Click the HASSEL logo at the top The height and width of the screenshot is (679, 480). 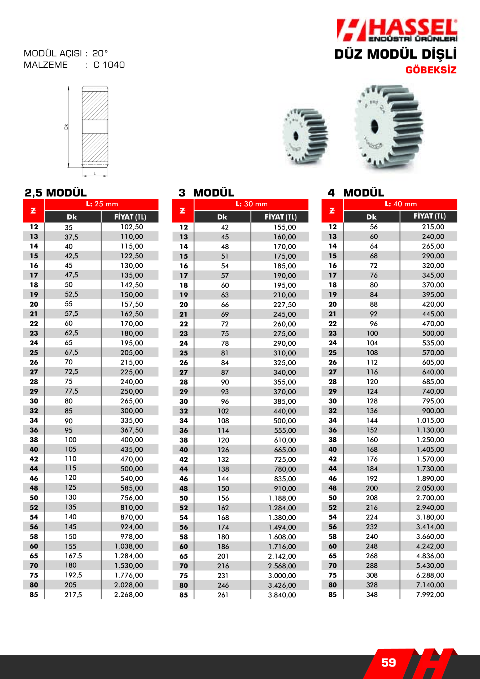pos(397,30)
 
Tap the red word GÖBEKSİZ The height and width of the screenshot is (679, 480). pos(431,70)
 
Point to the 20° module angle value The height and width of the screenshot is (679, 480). pos(100,54)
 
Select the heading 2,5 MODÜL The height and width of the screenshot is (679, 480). pos(56,193)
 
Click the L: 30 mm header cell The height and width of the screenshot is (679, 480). pos(251,204)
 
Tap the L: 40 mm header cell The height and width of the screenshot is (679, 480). pos(401,204)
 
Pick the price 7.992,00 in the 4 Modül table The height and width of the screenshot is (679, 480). pos(430,594)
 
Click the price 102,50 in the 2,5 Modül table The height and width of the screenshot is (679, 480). pos(132,227)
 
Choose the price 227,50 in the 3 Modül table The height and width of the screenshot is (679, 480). pos(284,304)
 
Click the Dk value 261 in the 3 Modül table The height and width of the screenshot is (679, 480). pos(223,595)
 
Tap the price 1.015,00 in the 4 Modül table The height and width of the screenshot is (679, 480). pos(430,420)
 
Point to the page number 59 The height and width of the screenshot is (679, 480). pos(388,663)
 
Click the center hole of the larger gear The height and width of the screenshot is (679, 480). pos(374,125)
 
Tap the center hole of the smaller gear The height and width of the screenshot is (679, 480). pos(296,136)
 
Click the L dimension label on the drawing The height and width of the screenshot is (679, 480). pos(95,173)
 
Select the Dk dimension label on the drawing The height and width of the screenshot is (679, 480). pos(66,127)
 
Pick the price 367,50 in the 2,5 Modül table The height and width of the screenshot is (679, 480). pos(132,430)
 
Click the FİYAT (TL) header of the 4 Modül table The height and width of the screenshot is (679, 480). pos(429,216)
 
